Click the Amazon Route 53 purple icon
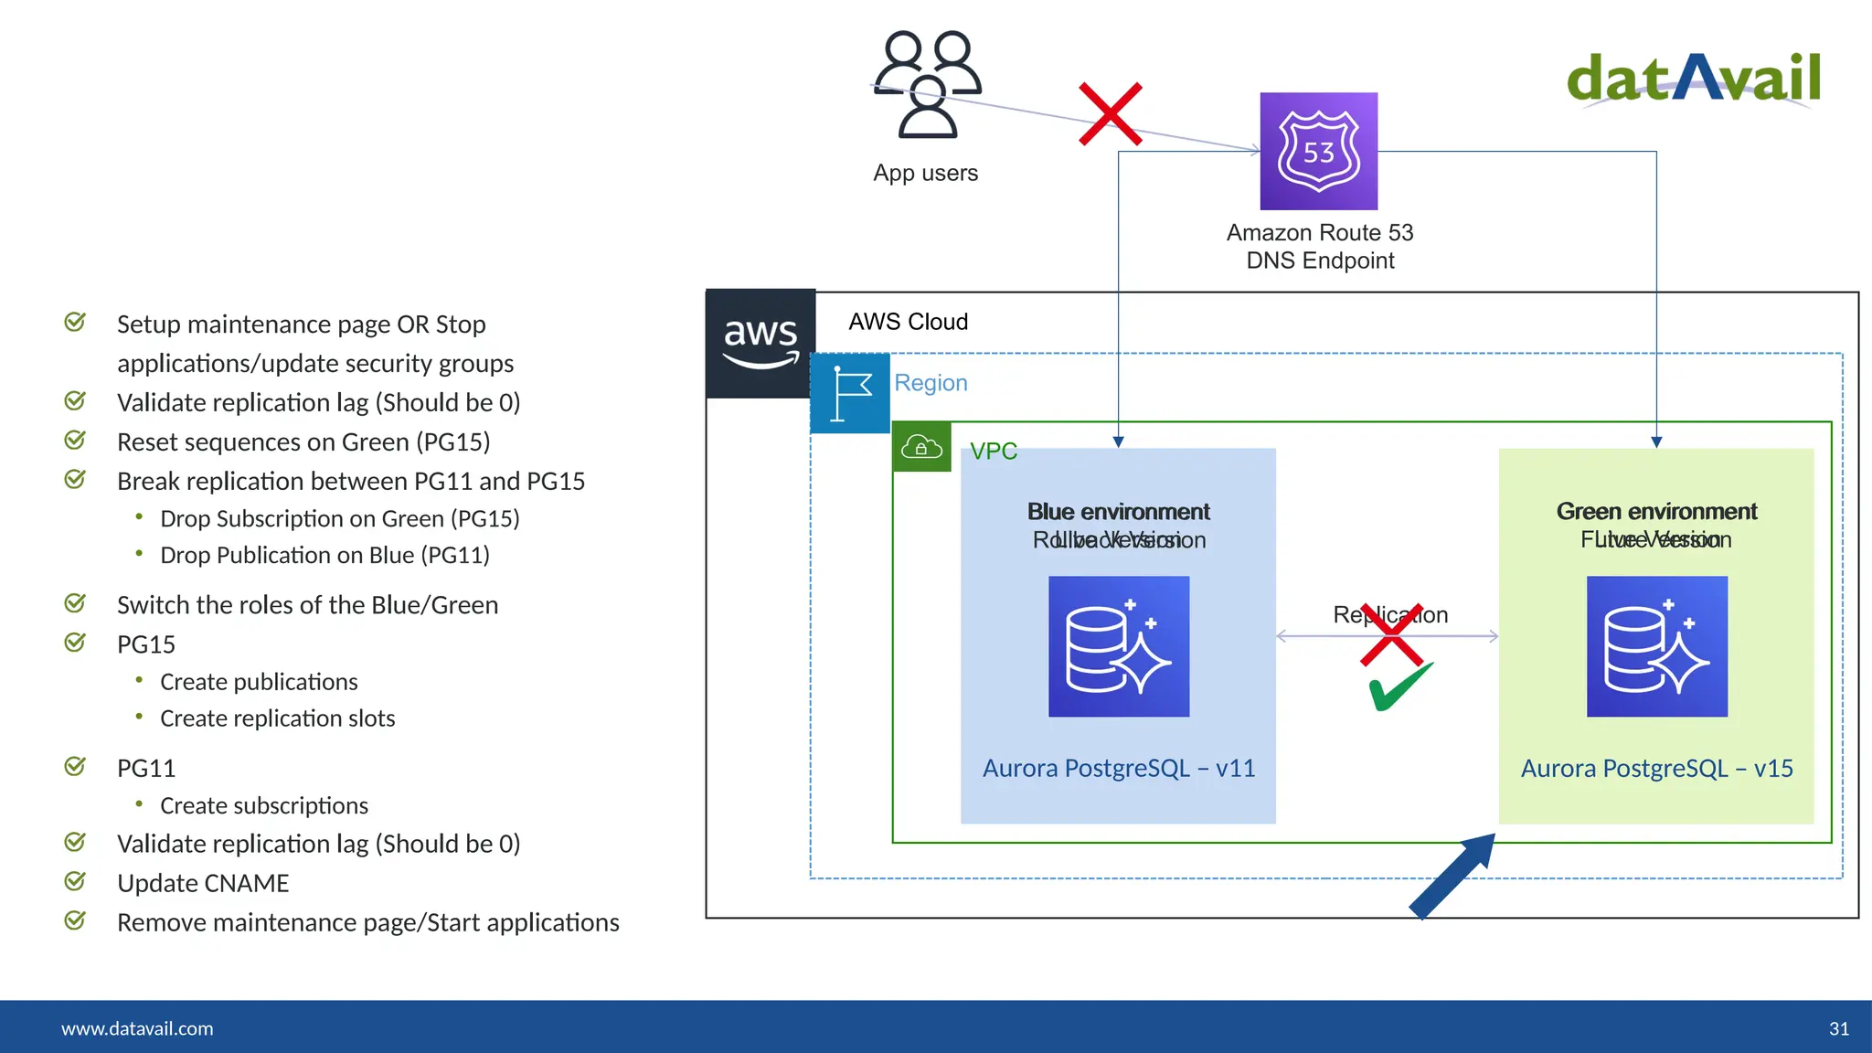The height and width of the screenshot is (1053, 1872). [x=1318, y=151]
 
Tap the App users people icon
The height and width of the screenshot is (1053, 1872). [x=927, y=84]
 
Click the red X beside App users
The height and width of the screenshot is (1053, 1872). [x=1110, y=114]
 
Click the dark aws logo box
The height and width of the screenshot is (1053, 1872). [x=760, y=344]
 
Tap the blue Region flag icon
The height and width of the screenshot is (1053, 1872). [x=850, y=393]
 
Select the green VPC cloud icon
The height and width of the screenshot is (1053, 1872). [x=921, y=447]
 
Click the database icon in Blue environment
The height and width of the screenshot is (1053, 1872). [x=1119, y=646]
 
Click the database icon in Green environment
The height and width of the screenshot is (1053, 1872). [x=1656, y=646]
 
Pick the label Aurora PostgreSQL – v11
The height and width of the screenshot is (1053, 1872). [x=1119, y=769]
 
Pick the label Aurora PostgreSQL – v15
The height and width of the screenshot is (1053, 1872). [x=1656, y=769]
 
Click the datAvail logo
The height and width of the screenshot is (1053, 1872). [x=1693, y=79]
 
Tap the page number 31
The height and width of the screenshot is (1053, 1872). [x=1839, y=1029]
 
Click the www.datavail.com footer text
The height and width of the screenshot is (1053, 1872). [x=137, y=1029]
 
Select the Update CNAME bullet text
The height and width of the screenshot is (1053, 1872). [x=203, y=884]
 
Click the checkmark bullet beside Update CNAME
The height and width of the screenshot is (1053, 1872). [x=75, y=881]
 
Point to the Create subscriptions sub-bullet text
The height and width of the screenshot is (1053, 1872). [x=264, y=806]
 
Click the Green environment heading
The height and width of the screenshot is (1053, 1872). [x=1656, y=511]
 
